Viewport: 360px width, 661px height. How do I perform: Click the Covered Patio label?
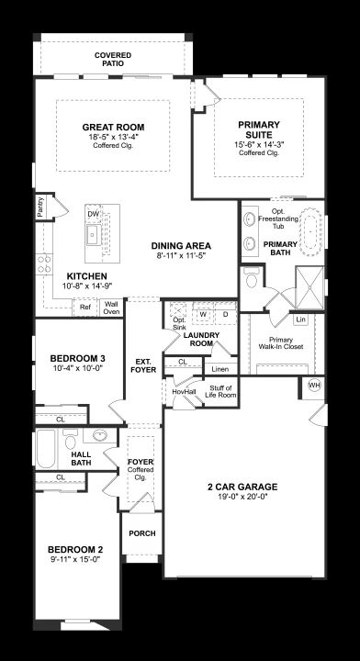pos(113,60)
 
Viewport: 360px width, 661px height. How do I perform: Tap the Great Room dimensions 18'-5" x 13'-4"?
pos(113,137)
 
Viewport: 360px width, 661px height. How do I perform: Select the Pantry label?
pos(40,207)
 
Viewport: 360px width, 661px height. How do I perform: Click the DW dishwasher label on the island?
pos(93,214)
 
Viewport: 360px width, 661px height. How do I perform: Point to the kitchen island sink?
pos(93,235)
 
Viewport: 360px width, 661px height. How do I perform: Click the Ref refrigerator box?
pos(85,308)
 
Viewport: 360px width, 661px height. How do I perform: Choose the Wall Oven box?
pos(111,308)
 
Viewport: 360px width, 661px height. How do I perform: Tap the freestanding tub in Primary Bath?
pos(310,231)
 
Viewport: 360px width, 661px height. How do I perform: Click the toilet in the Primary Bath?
pos(252,278)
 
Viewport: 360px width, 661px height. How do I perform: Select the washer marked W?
pos(203,314)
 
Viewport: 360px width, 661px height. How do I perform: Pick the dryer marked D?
pos(225,314)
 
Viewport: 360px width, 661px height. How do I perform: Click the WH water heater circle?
pos(314,385)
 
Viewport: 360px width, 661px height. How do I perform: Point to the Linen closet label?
pos(220,369)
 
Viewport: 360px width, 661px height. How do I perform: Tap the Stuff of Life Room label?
pos(220,392)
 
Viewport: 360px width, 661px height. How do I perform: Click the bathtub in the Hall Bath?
pos(46,449)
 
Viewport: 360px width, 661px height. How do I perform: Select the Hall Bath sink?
pos(100,435)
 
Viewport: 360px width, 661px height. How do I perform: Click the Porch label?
pos(142,533)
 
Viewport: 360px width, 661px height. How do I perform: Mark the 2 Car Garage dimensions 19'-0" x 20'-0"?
pos(242,497)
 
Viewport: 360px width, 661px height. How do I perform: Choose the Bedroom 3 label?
pos(77,358)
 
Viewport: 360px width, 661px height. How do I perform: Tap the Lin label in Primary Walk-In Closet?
pos(300,319)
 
